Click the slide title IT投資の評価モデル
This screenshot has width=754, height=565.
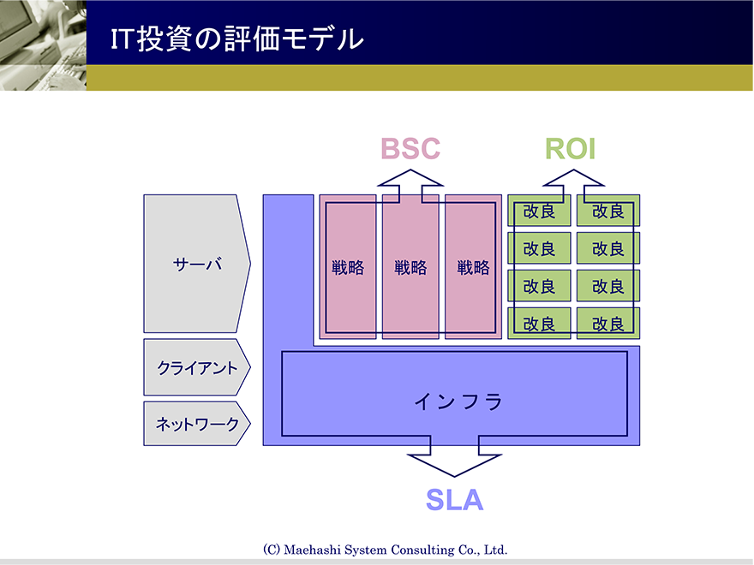[x=237, y=39]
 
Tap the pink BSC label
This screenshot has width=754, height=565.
[x=410, y=148]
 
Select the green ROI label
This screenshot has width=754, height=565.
[x=571, y=148]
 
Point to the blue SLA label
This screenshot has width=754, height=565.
[x=454, y=500]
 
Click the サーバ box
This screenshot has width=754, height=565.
[x=197, y=264]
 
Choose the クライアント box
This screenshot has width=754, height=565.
[x=197, y=367]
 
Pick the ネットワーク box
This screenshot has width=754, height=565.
[x=197, y=423]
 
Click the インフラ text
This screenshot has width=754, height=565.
[x=458, y=401]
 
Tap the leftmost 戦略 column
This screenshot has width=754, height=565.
[x=348, y=266]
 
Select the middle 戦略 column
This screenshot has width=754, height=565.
[x=410, y=266]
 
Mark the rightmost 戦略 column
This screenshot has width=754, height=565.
[x=473, y=266]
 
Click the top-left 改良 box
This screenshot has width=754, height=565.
[x=539, y=211]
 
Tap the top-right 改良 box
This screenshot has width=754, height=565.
[x=608, y=211]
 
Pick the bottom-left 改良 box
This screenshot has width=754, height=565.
[x=539, y=324]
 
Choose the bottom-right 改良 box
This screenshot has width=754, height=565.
[x=608, y=324]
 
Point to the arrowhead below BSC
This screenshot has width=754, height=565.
[x=410, y=178]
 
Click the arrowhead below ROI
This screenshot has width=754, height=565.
[x=573, y=178]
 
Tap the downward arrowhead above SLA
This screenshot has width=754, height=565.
[x=454, y=465]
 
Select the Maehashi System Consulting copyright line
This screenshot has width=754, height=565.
[x=386, y=550]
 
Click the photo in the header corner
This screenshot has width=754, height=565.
[x=44, y=45]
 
